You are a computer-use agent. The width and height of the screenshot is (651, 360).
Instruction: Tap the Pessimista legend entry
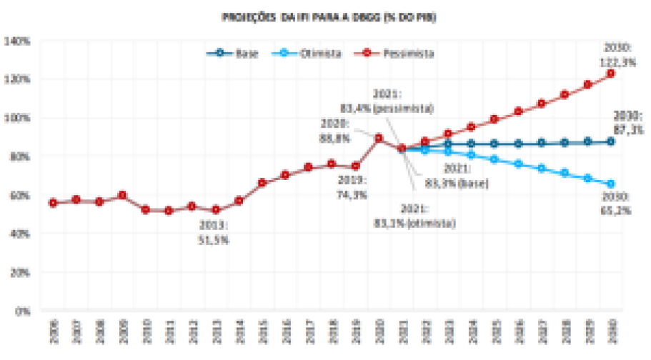tap(408, 53)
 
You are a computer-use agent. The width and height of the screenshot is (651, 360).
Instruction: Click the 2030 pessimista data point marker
tap(610, 74)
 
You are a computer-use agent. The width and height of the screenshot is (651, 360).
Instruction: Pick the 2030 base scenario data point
tap(610, 141)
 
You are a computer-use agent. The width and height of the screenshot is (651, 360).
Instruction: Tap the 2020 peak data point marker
tap(378, 139)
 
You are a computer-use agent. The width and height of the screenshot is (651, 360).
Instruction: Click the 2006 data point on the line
tap(53, 203)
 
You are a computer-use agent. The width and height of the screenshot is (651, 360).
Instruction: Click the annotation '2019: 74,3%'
tap(352, 186)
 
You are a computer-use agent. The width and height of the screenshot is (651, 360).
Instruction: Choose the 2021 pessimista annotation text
tap(404, 101)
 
